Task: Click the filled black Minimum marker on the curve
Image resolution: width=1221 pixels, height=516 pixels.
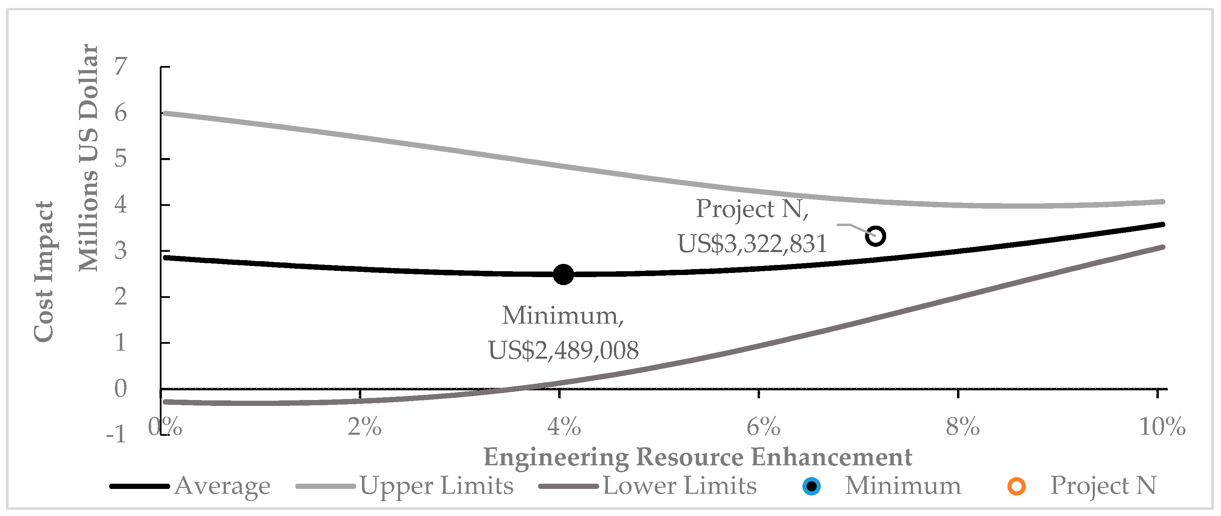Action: pos(563,274)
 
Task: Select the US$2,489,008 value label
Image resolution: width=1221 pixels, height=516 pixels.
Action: pos(563,351)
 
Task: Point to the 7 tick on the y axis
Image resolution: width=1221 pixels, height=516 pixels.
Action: pos(121,67)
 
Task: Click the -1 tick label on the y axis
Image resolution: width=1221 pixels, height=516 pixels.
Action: pos(116,434)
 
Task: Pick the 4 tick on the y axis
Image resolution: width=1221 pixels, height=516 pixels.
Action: pos(121,205)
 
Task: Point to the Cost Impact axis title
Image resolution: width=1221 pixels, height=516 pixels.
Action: pos(44,271)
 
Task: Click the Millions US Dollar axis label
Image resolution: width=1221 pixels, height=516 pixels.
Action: pos(88,158)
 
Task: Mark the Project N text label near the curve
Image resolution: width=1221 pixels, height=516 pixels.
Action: pos(752,209)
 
